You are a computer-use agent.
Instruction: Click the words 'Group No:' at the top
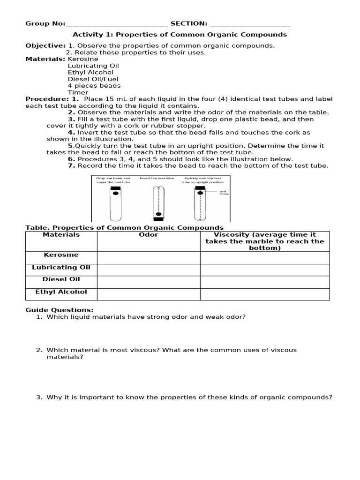45,23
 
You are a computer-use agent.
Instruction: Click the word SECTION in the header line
188,23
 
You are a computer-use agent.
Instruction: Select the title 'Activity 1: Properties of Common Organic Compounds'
180,35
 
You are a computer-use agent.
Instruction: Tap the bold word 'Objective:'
45,45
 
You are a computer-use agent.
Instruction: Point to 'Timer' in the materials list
78,92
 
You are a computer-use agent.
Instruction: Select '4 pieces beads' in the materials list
94,86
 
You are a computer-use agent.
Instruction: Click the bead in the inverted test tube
158,214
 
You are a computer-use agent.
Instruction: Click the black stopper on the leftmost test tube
115,188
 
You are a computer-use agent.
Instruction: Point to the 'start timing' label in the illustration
224,193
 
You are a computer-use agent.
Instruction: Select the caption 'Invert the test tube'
157,178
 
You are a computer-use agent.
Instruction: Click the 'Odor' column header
149,235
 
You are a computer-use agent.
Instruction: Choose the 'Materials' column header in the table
61,235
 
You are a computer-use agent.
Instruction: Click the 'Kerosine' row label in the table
61,255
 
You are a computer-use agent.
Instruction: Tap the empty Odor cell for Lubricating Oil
149,270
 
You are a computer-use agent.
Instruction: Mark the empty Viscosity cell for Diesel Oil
265,282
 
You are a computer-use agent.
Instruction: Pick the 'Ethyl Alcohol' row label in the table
61,292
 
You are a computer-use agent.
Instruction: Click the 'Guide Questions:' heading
60,310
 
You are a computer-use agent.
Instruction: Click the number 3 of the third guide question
39,397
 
